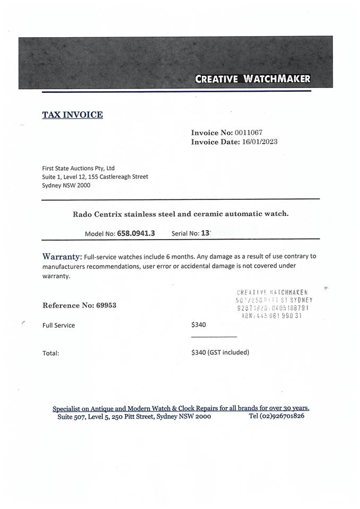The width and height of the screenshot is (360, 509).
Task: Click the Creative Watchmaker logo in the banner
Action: click(252, 79)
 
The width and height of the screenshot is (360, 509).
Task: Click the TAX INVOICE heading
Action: click(72, 115)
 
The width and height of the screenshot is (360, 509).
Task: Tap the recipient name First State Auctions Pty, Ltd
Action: click(78, 168)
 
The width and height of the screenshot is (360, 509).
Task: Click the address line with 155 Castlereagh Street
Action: click(95, 177)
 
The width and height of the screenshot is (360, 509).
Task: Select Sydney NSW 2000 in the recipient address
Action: click(66, 186)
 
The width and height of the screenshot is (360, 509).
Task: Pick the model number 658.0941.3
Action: click(136, 233)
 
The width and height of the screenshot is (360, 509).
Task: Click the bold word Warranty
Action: click(62, 257)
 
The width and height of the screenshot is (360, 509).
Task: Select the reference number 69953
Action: click(106, 305)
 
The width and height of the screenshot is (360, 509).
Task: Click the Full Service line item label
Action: click(58, 325)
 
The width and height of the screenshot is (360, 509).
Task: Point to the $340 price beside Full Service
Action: click(198, 324)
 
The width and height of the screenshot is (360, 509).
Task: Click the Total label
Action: click(51, 353)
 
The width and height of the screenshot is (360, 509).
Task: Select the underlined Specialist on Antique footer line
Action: click(180, 408)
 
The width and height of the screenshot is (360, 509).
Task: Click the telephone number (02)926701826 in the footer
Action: click(283, 416)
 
